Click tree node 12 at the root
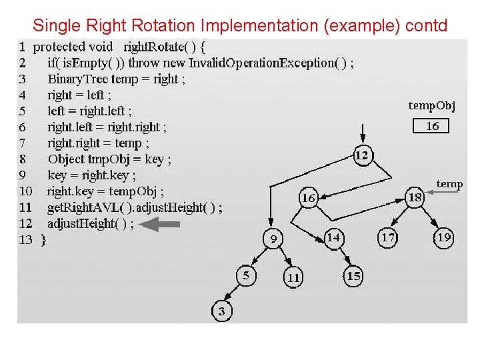(362, 155)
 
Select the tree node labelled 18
(415, 197)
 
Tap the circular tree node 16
(308, 198)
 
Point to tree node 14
(334, 237)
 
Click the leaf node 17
(388, 237)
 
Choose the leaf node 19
(443, 237)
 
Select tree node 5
(246, 275)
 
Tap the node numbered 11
(293, 277)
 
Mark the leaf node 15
(353, 276)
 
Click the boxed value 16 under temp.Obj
(432, 126)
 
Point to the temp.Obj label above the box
(432, 105)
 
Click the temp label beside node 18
(449, 183)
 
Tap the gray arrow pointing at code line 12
(161, 225)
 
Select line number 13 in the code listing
(25, 239)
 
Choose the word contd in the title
(426, 26)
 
